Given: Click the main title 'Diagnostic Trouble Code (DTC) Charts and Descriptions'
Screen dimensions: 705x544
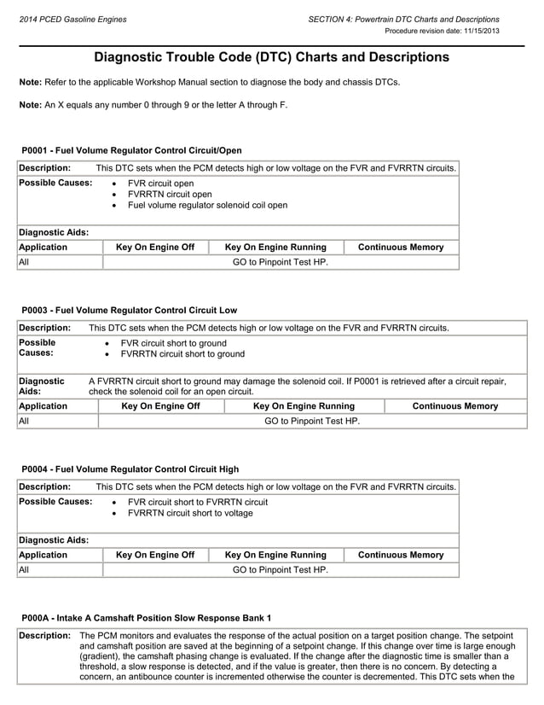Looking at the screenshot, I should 271,57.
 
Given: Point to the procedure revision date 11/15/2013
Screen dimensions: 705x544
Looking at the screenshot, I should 443,31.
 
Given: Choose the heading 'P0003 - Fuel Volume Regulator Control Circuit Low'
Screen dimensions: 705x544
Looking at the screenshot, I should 130,310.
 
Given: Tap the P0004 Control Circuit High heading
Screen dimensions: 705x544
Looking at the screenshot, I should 130,469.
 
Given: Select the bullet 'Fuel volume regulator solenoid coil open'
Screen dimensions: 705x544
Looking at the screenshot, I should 207,206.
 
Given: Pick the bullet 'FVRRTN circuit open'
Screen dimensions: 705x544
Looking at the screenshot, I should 170,195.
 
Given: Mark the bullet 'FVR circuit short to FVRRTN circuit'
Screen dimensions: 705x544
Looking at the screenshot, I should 197,503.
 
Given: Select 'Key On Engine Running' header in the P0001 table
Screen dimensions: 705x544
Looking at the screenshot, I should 275,248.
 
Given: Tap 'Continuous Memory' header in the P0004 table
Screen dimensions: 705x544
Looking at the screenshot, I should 401,555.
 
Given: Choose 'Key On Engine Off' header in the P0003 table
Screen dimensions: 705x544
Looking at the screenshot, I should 161,406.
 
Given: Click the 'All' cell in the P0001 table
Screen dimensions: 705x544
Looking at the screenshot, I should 24,262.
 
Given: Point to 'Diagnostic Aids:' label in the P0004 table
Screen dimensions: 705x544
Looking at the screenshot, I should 54,539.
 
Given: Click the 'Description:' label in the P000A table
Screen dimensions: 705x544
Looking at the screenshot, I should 44,636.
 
